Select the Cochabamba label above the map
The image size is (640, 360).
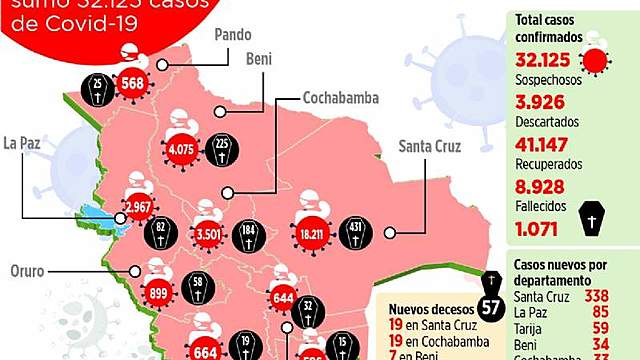(339, 99)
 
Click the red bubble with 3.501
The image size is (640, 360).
(209, 236)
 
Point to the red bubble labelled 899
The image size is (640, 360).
(157, 281)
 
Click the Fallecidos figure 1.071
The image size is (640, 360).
(541, 227)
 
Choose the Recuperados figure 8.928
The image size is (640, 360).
(543, 185)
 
